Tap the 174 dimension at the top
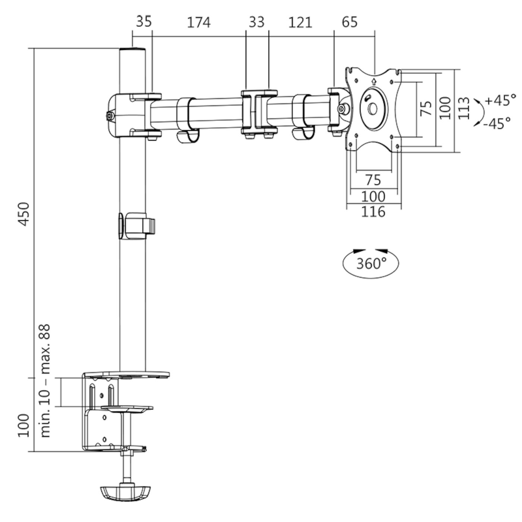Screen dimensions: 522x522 [198, 22]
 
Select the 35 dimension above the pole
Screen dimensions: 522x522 [144, 21]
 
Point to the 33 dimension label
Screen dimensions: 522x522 [257, 22]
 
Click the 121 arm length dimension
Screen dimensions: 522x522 [300, 22]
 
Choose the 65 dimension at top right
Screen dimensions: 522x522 [349, 22]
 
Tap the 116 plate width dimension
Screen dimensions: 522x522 [373, 212]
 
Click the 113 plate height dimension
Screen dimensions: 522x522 [463, 108]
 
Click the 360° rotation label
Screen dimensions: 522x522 [371, 263]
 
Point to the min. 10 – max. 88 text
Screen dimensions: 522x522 [45, 381]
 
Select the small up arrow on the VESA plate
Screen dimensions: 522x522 [374, 81]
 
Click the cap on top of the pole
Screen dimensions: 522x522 [132, 49]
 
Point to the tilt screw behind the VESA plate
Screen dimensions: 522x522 [342, 109]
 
